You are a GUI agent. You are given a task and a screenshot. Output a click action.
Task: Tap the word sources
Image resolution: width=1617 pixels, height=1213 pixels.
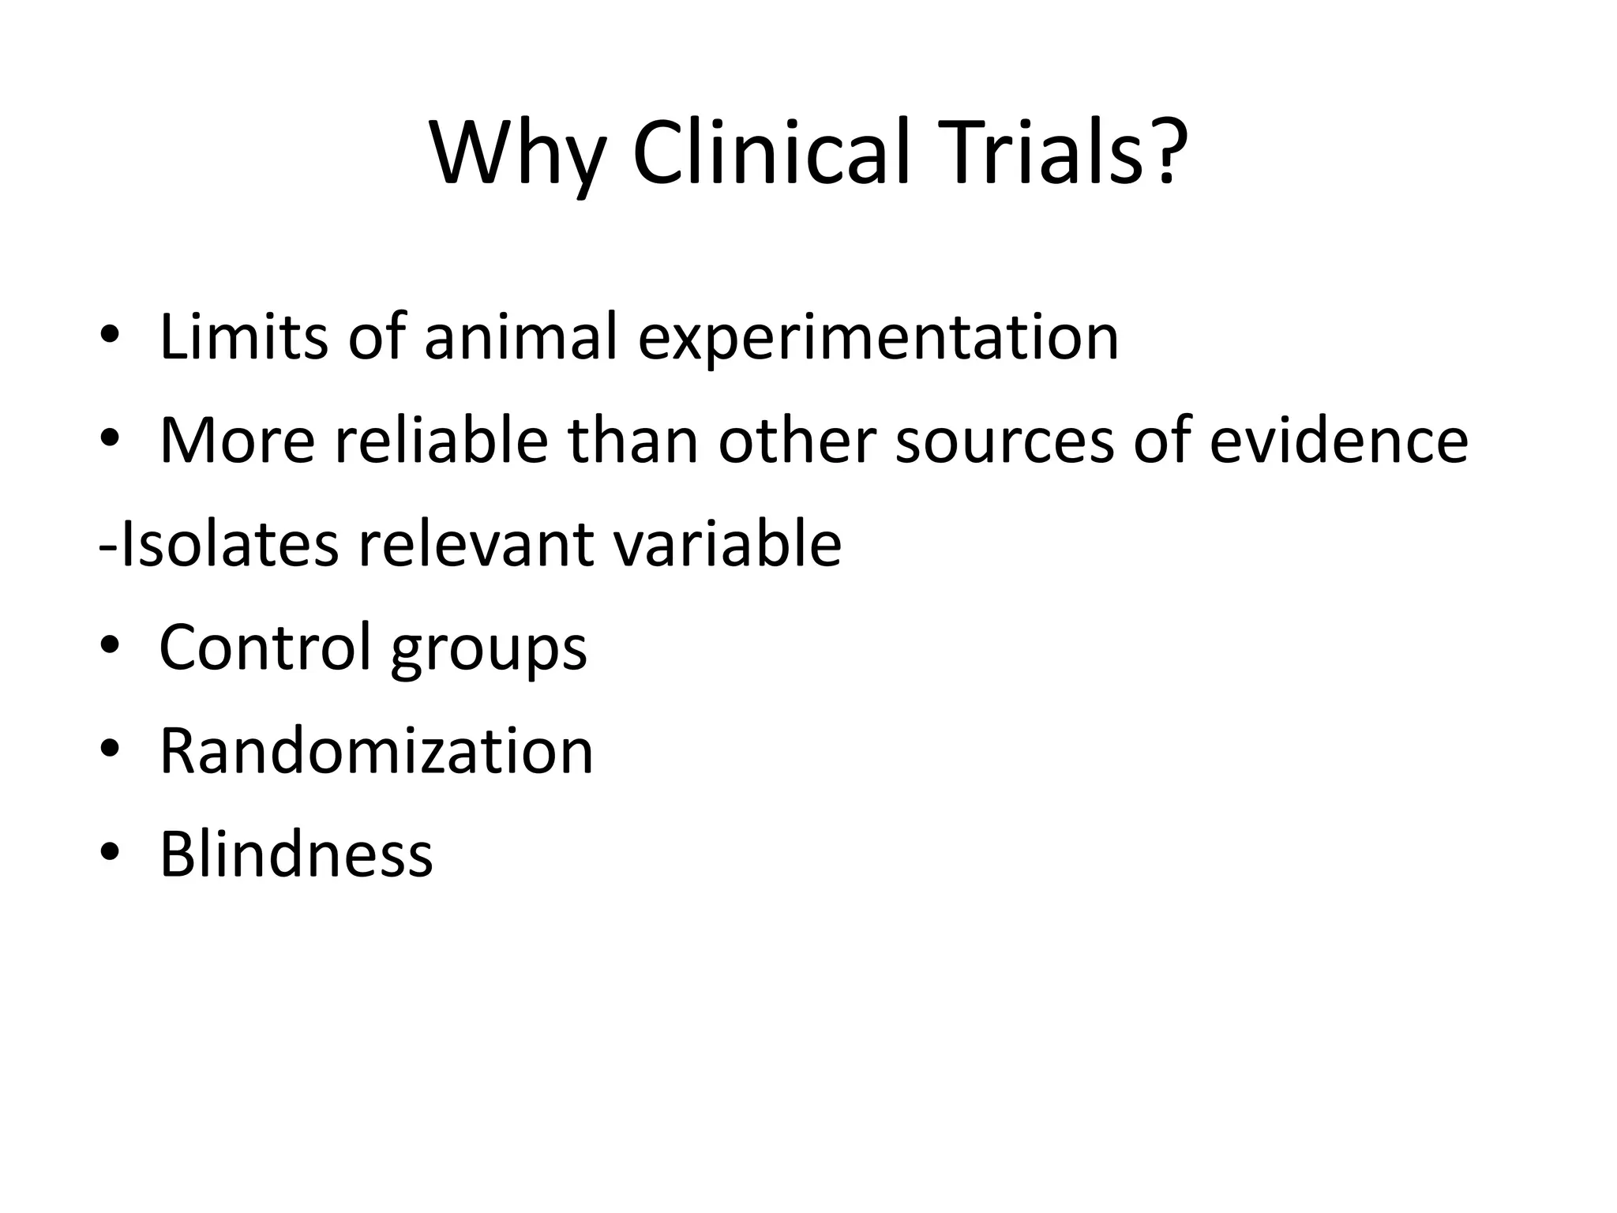1004,441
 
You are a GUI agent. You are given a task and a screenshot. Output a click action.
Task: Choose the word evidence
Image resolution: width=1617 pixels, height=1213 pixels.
1338,440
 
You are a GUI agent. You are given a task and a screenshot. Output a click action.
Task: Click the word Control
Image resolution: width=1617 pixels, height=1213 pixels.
264,647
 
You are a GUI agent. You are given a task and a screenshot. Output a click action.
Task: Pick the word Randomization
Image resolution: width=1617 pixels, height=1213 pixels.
376,750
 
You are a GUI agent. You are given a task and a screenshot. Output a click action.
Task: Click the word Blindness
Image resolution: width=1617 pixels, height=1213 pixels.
296,854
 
